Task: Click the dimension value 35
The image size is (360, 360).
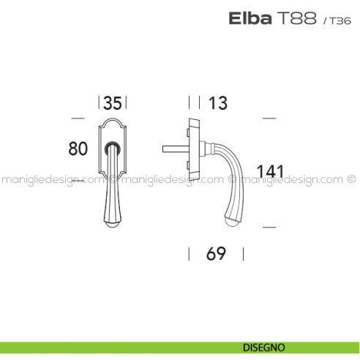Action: [x=112, y=103]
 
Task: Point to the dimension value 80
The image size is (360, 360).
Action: [x=78, y=149]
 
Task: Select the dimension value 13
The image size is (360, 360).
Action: [x=217, y=103]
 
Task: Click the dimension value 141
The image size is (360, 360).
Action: [x=270, y=172]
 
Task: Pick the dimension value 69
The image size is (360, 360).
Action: [x=215, y=254]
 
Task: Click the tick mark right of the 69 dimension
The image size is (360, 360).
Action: [x=241, y=254]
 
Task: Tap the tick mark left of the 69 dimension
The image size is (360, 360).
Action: [x=189, y=254]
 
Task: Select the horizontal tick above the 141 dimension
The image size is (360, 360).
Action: [x=269, y=117]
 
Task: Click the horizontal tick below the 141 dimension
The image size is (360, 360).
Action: [x=269, y=228]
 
